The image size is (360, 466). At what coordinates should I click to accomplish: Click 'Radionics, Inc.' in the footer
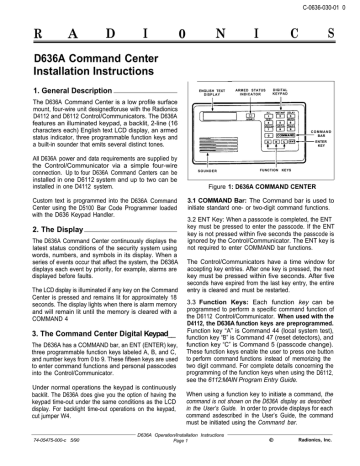(x=321, y=457)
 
